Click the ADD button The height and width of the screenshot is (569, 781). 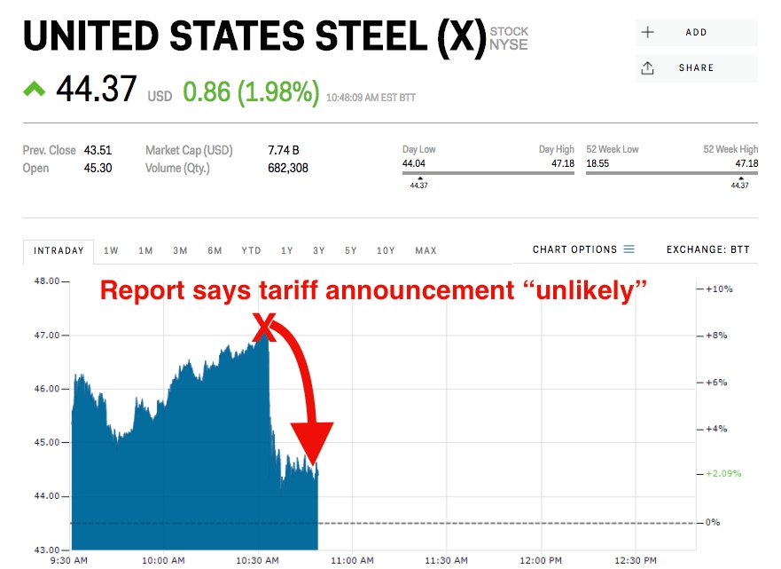tap(696, 33)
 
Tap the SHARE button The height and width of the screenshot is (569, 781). tap(696, 68)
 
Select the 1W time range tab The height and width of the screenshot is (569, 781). tap(111, 251)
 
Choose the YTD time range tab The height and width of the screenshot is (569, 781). tap(251, 251)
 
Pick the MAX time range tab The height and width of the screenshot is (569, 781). tap(426, 251)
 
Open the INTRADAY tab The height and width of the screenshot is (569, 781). tap(59, 251)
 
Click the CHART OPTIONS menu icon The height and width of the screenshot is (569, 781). tap(629, 249)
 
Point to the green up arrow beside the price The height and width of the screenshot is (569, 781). tap(34, 89)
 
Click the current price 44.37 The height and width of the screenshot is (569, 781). tap(97, 90)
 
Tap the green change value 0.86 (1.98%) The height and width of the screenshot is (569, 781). tap(251, 91)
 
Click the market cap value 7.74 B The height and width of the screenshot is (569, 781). tap(284, 151)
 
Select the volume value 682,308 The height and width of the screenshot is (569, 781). tap(288, 168)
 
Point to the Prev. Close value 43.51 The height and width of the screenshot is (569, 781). tap(98, 151)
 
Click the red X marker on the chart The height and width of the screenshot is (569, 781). tap(264, 327)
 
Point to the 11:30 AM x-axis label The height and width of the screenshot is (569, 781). tap(446, 560)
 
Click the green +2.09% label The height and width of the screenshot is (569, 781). tap(723, 473)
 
